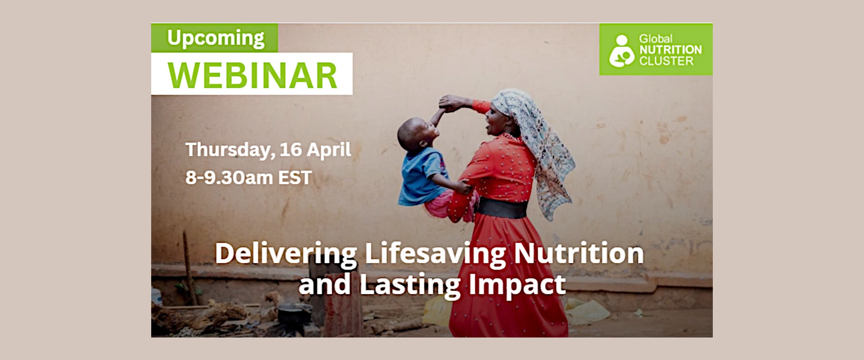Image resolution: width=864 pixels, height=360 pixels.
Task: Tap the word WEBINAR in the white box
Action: [x=252, y=75]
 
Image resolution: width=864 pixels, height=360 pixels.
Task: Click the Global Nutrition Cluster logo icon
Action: [x=621, y=51]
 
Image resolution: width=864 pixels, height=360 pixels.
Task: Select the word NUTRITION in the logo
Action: [x=670, y=49]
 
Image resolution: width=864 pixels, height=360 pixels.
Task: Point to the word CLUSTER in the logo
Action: [x=666, y=61]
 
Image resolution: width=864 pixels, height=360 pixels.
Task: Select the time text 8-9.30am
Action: [x=229, y=178]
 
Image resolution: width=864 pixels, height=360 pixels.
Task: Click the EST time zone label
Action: [x=295, y=178]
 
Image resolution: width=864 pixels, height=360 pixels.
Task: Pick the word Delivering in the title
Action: [x=286, y=254]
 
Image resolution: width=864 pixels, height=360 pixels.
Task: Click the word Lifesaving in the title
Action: [x=435, y=254]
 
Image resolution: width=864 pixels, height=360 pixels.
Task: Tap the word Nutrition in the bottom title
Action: [x=579, y=253]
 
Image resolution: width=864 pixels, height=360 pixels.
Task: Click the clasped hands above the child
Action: [x=450, y=103]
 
